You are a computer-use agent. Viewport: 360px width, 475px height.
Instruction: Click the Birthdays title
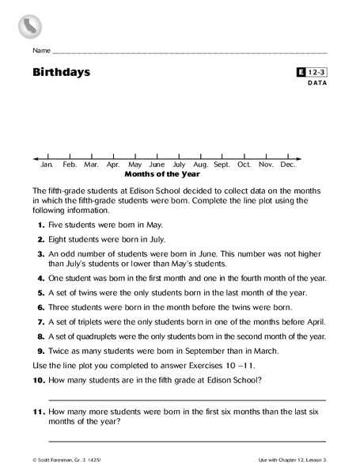pos(61,73)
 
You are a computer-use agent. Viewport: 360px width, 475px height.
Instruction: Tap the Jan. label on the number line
pos(47,165)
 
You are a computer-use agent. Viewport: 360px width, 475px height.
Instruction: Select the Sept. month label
pos(222,165)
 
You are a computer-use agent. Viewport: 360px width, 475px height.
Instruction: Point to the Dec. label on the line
pos(288,165)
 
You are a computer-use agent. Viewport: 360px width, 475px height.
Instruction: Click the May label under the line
pos(135,165)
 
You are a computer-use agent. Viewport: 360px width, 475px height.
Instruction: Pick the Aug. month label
pos(200,165)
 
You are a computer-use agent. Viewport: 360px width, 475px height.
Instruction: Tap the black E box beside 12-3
pos(301,72)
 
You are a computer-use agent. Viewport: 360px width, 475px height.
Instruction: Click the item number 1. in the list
pos(40,226)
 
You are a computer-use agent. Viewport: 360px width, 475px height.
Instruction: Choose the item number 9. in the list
pos(40,348)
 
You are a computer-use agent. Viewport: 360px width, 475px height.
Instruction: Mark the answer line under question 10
pos(187,400)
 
